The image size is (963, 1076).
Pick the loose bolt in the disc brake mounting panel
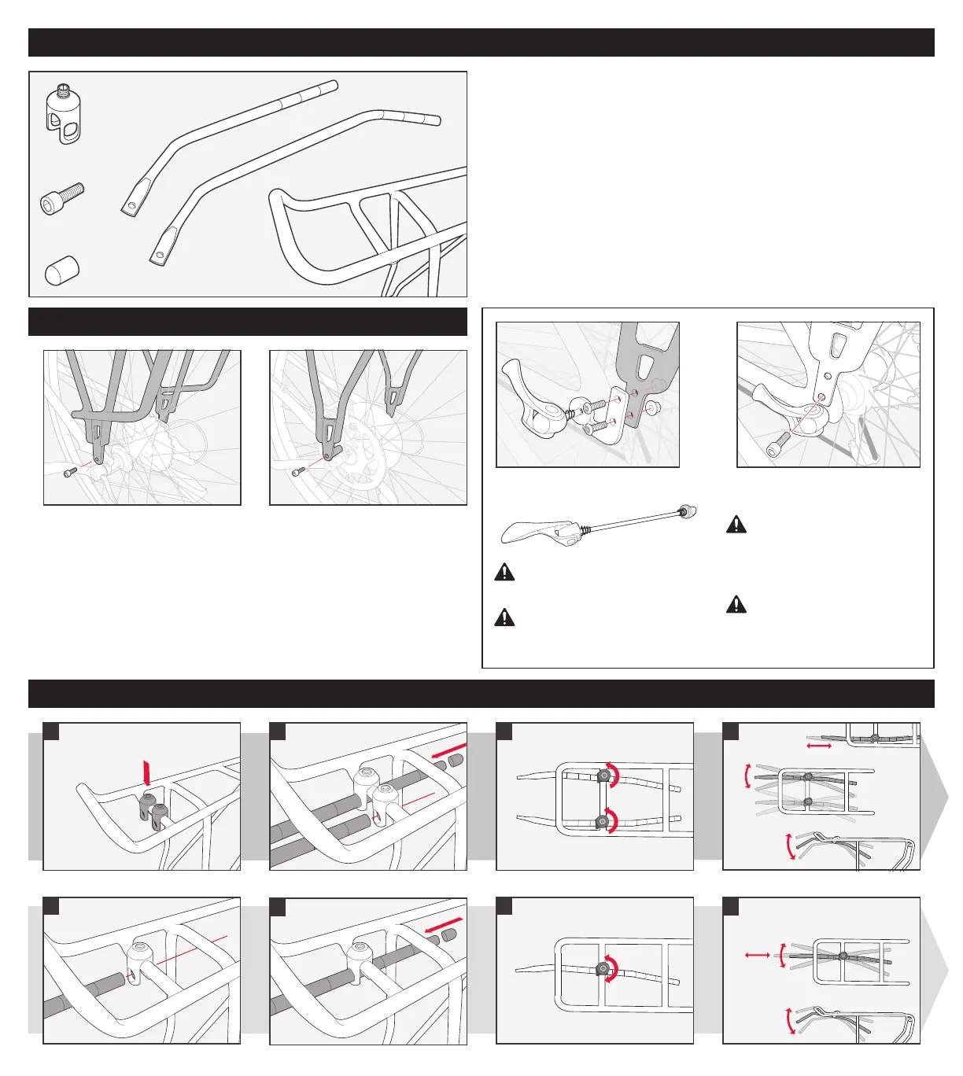tap(299, 472)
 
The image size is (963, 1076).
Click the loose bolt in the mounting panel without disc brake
tap(70, 471)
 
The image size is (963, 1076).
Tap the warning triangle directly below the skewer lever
tap(504, 573)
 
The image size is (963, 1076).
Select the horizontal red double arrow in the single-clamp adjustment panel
tap(757, 954)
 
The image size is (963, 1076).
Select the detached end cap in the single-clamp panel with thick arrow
tap(451, 935)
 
